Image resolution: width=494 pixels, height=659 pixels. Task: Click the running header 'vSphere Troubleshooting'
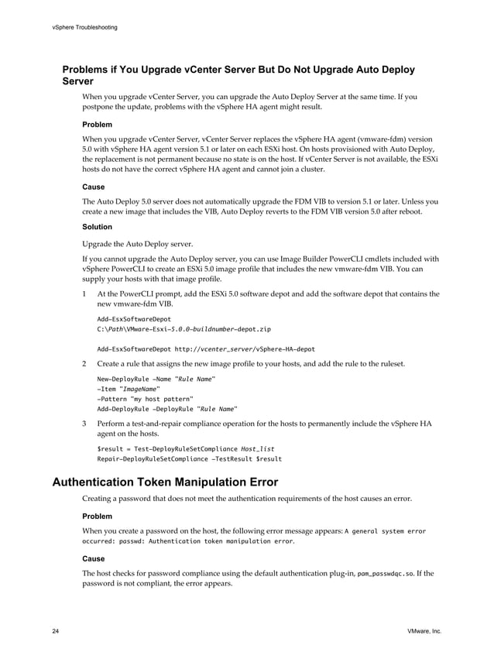point(85,28)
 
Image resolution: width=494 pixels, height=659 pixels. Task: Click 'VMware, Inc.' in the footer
point(424,632)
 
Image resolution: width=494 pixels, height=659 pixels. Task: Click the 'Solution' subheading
point(97,227)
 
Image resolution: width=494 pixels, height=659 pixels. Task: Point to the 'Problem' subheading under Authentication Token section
point(97,516)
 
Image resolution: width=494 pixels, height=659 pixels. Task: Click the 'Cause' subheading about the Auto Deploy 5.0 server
point(93,187)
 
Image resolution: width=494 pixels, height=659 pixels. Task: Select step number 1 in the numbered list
point(84,294)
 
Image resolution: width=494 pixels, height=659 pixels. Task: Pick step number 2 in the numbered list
point(84,364)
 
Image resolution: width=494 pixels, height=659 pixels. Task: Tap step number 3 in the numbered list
point(84,424)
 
